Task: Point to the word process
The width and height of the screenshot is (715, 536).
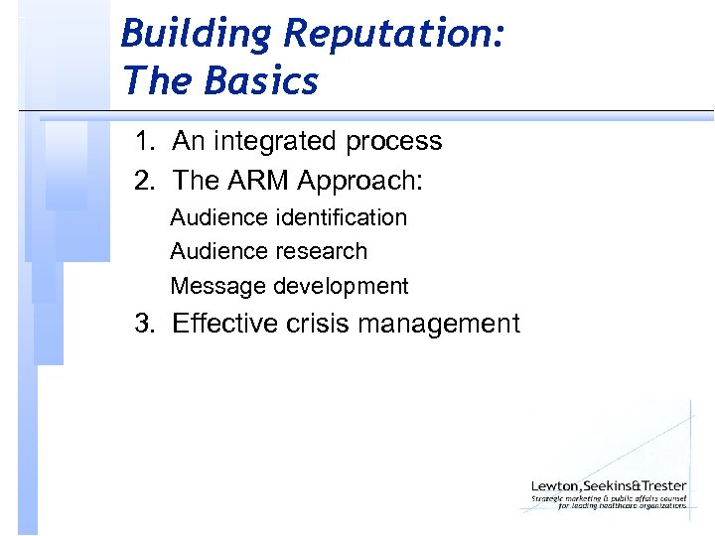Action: pyautogui.click(x=394, y=142)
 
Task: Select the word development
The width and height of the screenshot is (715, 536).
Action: pyautogui.click(x=341, y=287)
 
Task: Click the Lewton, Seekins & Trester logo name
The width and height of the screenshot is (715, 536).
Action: pyautogui.click(x=609, y=484)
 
